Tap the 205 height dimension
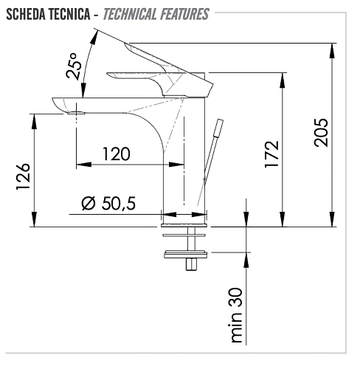tap(321, 133)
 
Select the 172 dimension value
tap(271, 154)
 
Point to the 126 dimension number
tap(23, 176)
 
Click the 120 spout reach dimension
tap(116, 154)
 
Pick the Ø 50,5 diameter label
tap(108, 203)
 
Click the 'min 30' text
tap(236, 315)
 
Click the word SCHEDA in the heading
tap(26, 14)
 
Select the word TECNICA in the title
tap(69, 14)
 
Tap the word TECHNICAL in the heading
tap(130, 14)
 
